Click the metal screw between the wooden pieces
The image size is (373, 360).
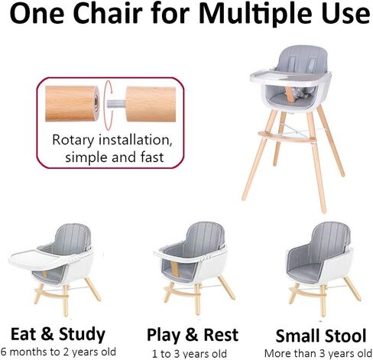(x=114, y=105)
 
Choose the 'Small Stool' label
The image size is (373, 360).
(x=319, y=335)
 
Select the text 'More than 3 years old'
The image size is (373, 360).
(x=319, y=353)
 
